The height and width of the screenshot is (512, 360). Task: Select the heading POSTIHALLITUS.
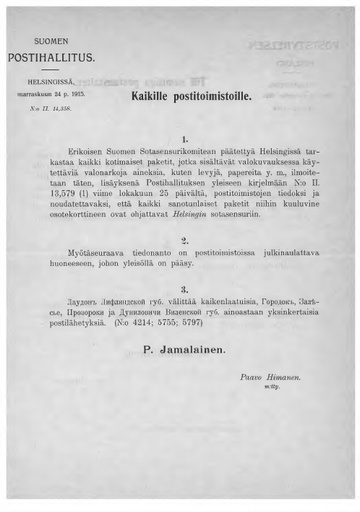[51, 58]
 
